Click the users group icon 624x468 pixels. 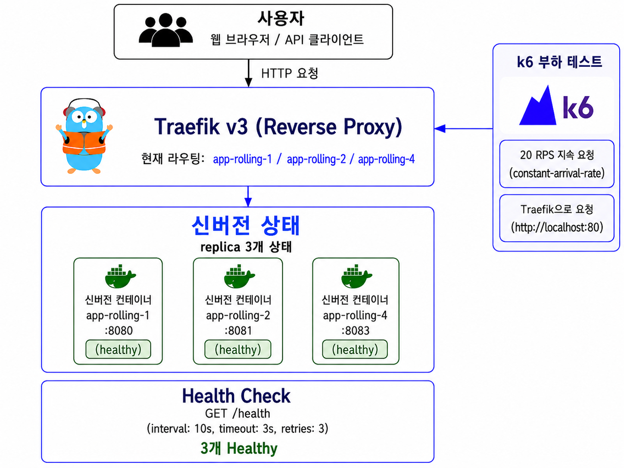pyautogui.click(x=166, y=30)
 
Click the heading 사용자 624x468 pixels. pyautogui.click(x=281, y=18)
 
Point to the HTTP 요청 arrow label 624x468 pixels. pyautogui.click(x=290, y=73)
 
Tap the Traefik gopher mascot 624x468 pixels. pyautogui.click(x=84, y=136)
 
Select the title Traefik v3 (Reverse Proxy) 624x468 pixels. pyautogui.click(x=278, y=127)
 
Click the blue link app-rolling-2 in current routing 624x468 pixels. pyautogui.click(x=316, y=159)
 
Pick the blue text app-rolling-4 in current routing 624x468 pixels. pyautogui.click(x=387, y=159)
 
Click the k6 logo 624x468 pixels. pyautogui.click(x=556, y=106)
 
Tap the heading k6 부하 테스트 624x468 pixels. pyautogui.click(x=559, y=62)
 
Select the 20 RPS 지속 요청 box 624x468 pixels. pyautogui.click(x=557, y=164)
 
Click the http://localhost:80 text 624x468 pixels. pyautogui.click(x=557, y=228)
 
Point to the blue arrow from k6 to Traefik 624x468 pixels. pyautogui.click(x=464, y=128)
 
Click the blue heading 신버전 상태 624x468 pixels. pyautogui.click(x=246, y=225)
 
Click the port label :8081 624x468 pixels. pyautogui.click(x=238, y=331)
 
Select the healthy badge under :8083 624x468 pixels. pyautogui.click(x=355, y=349)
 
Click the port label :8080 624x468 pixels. pyautogui.click(x=119, y=331)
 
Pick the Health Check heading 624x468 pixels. pyautogui.click(x=236, y=396)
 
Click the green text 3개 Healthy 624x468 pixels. pyautogui.click(x=239, y=449)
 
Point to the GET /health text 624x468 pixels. pyautogui.click(x=237, y=413)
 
